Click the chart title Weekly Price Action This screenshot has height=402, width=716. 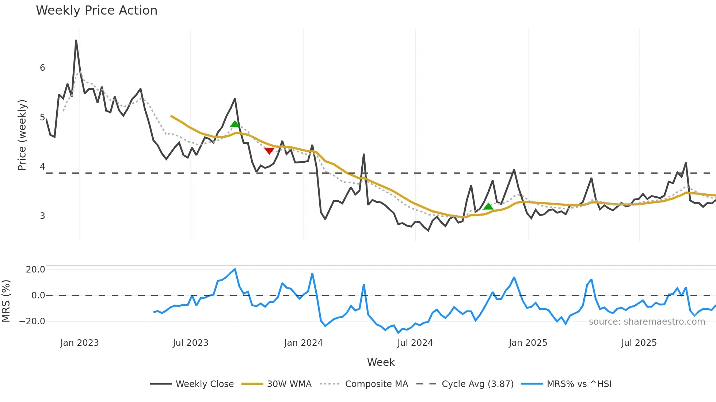[96, 11]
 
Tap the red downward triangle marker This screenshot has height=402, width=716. [269, 151]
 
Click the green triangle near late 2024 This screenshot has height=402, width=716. [488, 207]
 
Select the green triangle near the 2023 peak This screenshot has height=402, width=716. [235, 124]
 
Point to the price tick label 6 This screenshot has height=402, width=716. [42, 68]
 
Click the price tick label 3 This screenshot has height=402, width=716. [42, 216]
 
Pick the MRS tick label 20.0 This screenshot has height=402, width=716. [35, 270]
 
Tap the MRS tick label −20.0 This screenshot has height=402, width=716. [32, 321]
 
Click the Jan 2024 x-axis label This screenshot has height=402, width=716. [303, 343]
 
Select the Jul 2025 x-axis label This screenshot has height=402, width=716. [639, 343]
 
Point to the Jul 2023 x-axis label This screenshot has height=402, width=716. [190, 343]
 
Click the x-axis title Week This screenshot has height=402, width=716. [381, 362]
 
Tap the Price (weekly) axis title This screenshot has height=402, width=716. [22, 135]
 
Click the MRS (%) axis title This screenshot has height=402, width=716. [6, 301]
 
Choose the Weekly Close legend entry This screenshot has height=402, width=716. [205, 384]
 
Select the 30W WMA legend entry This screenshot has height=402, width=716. [289, 384]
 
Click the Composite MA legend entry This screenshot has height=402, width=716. [376, 384]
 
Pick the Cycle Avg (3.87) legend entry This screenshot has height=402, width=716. [477, 384]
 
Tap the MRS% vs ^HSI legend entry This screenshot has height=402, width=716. [579, 384]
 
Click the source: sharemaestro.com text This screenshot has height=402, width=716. [647, 322]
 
